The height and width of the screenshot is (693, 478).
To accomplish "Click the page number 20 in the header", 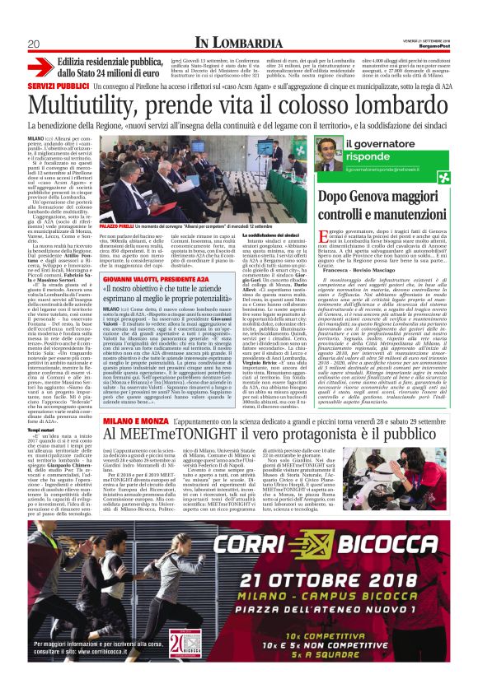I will pyautogui.click(x=35, y=44).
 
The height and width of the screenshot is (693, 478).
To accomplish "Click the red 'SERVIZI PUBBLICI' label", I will pyautogui.click(x=55, y=86).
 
